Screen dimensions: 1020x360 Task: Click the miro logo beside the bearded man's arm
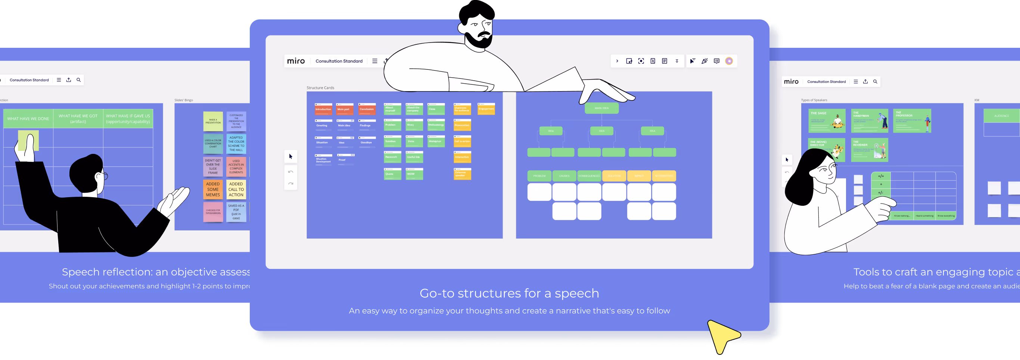(296, 61)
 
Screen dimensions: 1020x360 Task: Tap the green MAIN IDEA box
(601, 108)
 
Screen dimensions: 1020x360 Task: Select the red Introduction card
(323, 109)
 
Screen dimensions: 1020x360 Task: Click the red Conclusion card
(367, 109)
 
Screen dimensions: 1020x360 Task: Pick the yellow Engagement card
(486, 109)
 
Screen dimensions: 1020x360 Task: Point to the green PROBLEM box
(539, 176)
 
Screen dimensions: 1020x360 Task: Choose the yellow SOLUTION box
(614, 176)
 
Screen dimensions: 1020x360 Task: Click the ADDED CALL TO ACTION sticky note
(236, 189)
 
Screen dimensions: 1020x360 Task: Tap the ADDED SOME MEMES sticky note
(213, 189)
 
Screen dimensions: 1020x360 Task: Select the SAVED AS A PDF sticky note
(236, 212)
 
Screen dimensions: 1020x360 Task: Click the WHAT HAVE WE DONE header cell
(28, 118)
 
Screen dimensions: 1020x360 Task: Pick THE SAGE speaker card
(826, 120)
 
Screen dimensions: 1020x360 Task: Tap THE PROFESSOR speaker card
(912, 120)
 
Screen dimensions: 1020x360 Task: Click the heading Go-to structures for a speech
(509, 293)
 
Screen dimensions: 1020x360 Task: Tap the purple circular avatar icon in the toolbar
(729, 61)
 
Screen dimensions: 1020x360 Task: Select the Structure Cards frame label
(320, 88)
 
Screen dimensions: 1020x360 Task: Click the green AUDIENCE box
(1001, 116)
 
